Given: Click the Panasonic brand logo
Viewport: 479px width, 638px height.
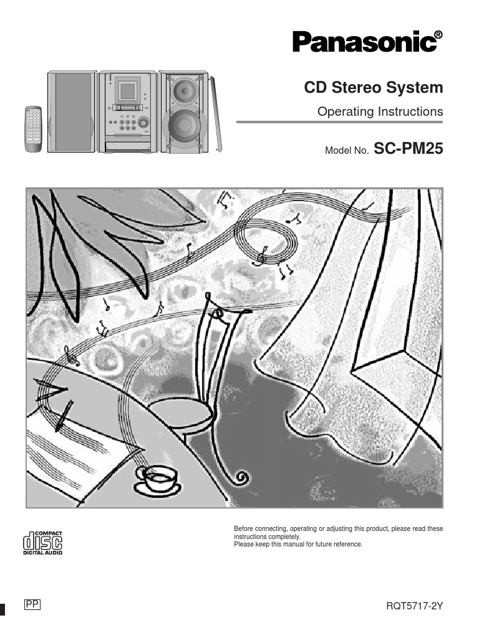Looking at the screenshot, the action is point(364,44).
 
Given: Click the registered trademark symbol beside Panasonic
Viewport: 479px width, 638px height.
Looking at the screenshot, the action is point(438,36).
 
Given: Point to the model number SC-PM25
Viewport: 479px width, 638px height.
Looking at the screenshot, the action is point(408,150).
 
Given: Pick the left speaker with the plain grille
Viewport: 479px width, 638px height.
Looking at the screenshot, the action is point(71,112).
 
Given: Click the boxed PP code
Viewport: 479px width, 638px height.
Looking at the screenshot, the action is point(32,604).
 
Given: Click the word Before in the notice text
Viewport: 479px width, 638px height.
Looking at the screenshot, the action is point(244,529).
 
